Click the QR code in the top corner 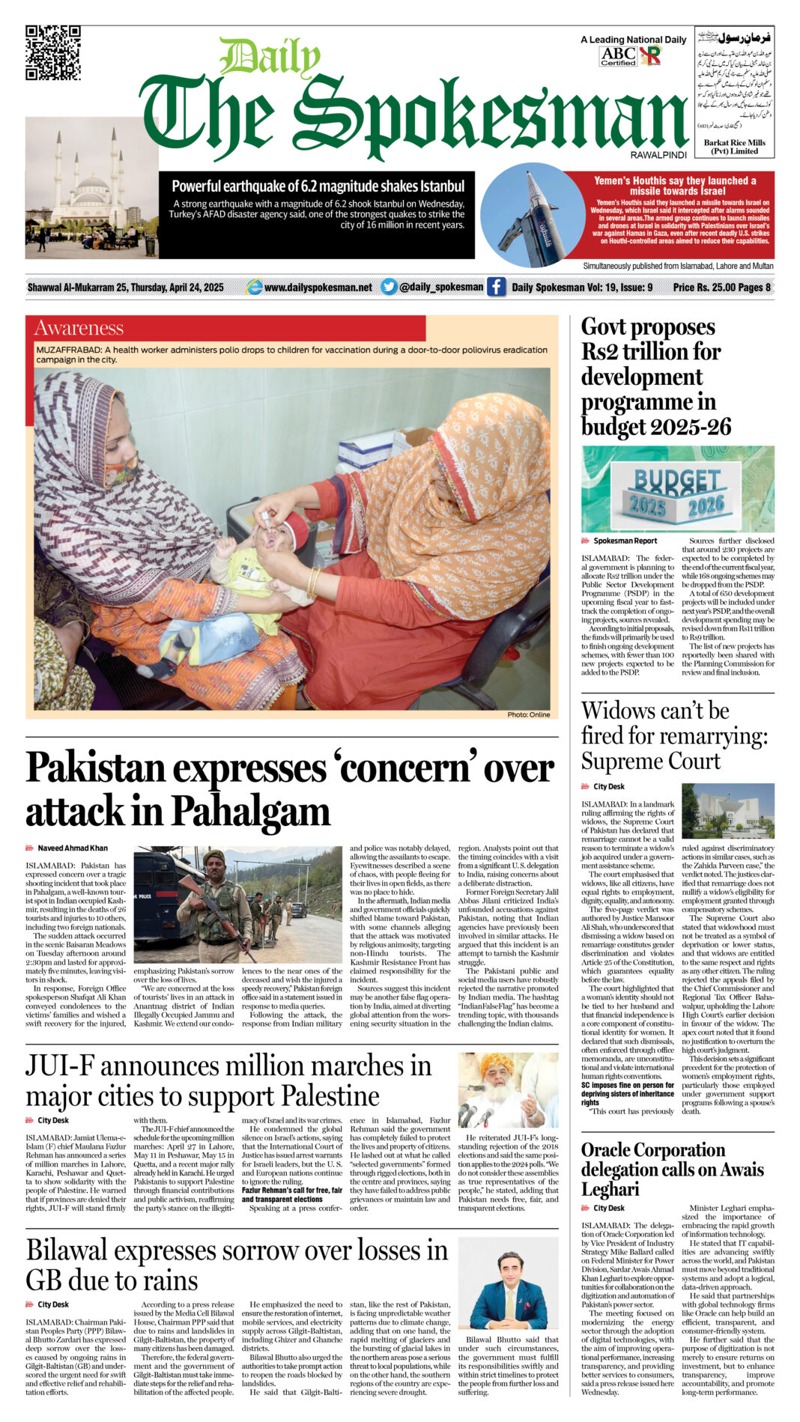52,52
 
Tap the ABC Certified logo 618,56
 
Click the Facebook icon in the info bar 496,287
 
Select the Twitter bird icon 389,287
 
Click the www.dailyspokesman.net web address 318,288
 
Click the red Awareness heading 79,328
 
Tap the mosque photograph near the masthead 91,187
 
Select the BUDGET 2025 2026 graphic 677,489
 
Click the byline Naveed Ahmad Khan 73,848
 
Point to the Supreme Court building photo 727,811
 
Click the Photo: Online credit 528,714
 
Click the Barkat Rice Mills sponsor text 734,146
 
